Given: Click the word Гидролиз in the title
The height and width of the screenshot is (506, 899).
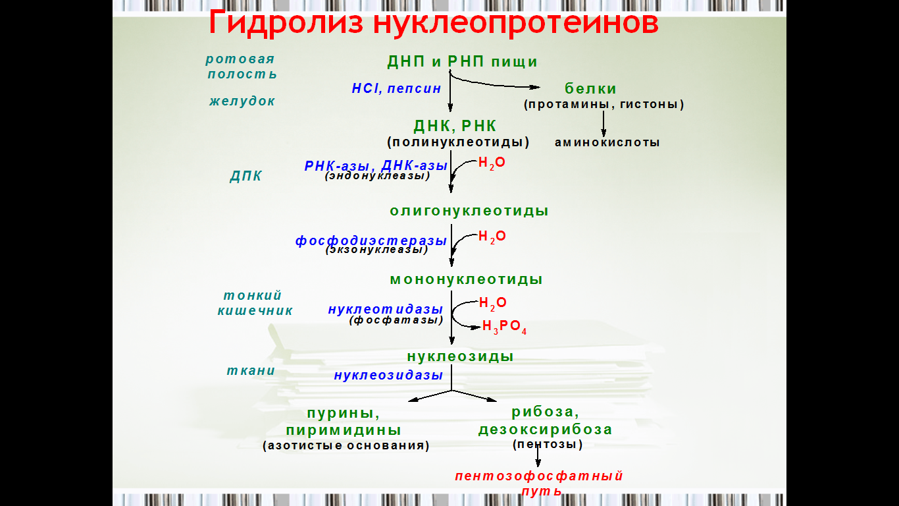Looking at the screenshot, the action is pyautogui.click(x=286, y=23).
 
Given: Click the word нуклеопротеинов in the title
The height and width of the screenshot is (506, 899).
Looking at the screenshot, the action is pyautogui.click(x=516, y=23).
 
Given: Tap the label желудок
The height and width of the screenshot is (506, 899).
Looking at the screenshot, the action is pyautogui.click(x=242, y=101).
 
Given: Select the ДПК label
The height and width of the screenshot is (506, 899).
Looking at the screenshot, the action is pyautogui.click(x=245, y=176).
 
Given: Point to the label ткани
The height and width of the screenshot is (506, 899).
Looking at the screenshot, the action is pyautogui.click(x=251, y=370).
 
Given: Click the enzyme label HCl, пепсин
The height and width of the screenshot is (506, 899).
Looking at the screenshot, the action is pyautogui.click(x=397, y=88).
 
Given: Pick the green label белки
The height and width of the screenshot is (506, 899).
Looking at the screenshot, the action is pyautogui.click(x=590, y=88).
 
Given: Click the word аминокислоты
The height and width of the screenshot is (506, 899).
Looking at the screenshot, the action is pyautogui.click(x=607, y=142).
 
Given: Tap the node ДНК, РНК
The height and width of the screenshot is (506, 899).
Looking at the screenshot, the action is pyautogui.click(x=455, y=126).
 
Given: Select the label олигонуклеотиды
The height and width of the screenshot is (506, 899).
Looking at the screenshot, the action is pyautogui.click(x=469, y=211).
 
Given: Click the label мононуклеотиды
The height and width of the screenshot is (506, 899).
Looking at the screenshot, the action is pyautogui.click(x=467, y=279).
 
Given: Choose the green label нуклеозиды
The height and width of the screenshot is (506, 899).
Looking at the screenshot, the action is pyautogui.click(x=460, y=356).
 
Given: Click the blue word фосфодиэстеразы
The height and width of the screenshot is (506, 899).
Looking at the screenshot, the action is pyautogui.click(x=371, y=240).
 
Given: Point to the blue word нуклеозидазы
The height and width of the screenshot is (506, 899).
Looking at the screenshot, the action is pyautogui.click(x=388, y=375).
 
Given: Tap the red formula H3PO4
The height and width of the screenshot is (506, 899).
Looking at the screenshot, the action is pyautogui.click(x=504, y=327).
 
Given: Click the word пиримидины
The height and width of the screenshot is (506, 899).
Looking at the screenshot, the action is pyautogui.click(x=344, y=430).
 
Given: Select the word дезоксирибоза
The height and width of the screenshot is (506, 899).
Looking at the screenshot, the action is pyautogui.click(x=545, y=430).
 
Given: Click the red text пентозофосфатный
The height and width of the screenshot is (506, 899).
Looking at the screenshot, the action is pyautogui.click(x=539, y=476).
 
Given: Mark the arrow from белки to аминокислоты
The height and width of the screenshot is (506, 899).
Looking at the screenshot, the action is pyautogui.click(x=604, y=124).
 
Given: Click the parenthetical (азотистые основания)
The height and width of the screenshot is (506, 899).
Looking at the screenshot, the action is pyautogui.click(x=346, y=445).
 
